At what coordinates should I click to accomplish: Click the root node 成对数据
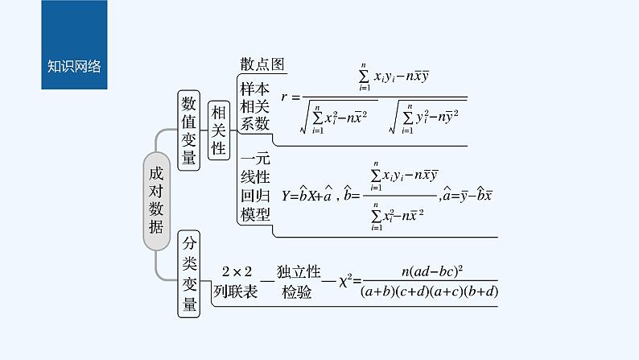(156, 194)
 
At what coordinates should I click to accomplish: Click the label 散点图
(263, 64)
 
